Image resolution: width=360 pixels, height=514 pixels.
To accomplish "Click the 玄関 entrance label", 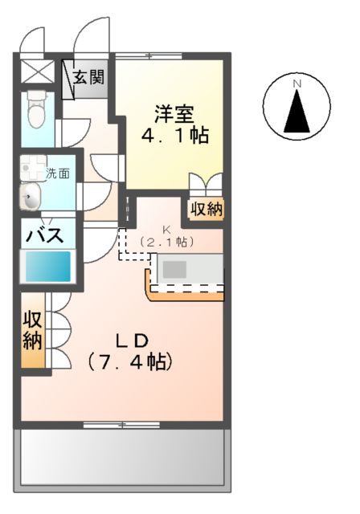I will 88,78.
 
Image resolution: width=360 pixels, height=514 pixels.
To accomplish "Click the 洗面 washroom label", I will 57,173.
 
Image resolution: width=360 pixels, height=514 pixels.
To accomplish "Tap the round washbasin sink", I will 31,197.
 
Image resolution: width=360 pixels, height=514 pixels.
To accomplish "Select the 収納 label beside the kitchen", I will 207,210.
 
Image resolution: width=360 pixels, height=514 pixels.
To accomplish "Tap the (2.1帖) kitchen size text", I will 167,241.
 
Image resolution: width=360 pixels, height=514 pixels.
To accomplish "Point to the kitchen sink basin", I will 175,268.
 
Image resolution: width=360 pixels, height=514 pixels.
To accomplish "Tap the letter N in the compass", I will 297,84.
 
